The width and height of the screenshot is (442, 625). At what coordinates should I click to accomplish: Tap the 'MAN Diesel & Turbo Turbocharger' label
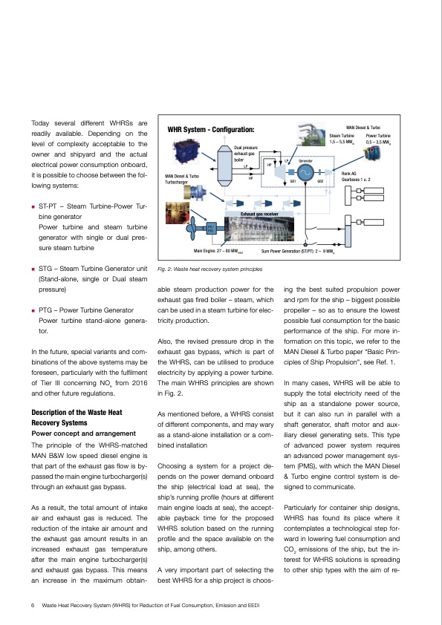pos(182,179)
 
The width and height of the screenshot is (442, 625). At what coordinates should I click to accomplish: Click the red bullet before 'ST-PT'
pos(33,204)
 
